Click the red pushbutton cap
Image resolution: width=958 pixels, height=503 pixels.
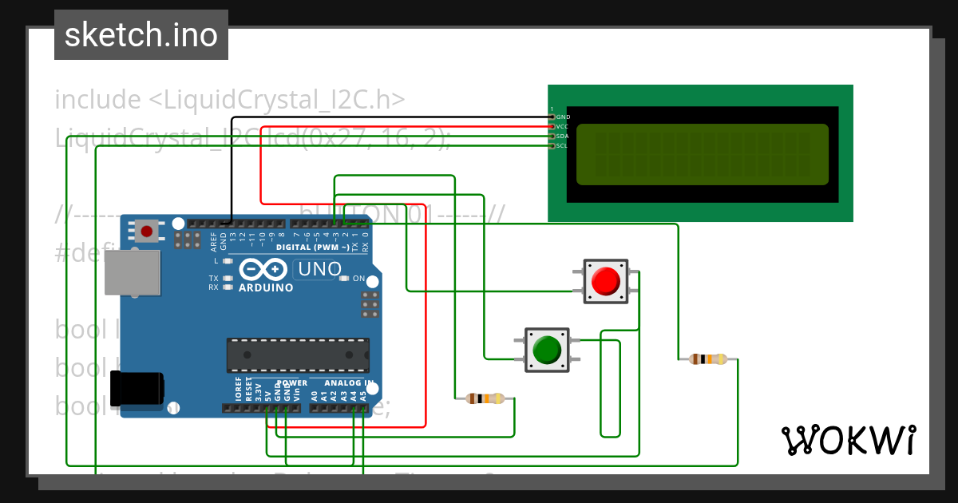click(605, 280)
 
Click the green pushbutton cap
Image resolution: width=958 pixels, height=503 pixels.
click(547, 350)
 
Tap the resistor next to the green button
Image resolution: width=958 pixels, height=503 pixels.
click(485, 398)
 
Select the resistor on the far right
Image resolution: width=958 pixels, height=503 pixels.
click(708, 359)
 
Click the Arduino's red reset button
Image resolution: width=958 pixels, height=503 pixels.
click(146, 232)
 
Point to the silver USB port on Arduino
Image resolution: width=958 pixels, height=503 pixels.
click(132, 272)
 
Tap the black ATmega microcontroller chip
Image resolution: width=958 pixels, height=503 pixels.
click(298, 355)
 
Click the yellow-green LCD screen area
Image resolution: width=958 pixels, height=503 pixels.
click(701, 155)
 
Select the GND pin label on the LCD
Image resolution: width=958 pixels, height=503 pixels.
click(563, 117)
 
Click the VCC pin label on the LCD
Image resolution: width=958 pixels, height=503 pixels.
click(562, 127)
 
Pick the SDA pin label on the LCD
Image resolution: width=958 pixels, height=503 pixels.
click(562, 137)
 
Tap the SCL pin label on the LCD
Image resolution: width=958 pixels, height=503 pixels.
click(562, 146)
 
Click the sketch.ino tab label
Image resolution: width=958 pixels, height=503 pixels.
click(141, 35)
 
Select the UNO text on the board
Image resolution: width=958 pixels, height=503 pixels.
click(319, 270)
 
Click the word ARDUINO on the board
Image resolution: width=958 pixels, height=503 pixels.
click(267, 287)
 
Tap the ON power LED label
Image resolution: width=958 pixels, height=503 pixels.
click(358, 279)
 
